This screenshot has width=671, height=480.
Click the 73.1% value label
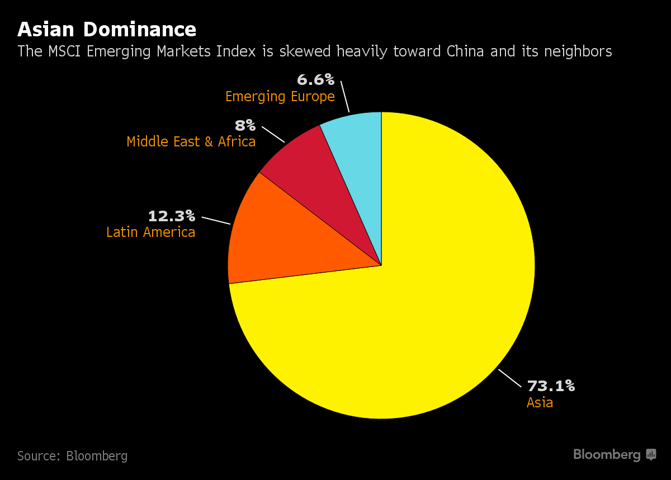[551, 386]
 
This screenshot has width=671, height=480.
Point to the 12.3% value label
[171, 216]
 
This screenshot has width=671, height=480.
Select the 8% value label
[245, 125]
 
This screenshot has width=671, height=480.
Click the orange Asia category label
[540, 402]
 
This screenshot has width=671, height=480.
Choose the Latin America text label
[150, 232]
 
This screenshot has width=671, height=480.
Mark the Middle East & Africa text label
[191, 141]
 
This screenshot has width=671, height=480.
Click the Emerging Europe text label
[280, 96]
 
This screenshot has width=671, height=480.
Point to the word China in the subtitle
[466, 51]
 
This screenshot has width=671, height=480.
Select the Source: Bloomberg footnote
[72, 456]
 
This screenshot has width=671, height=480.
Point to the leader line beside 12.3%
[216, 220]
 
